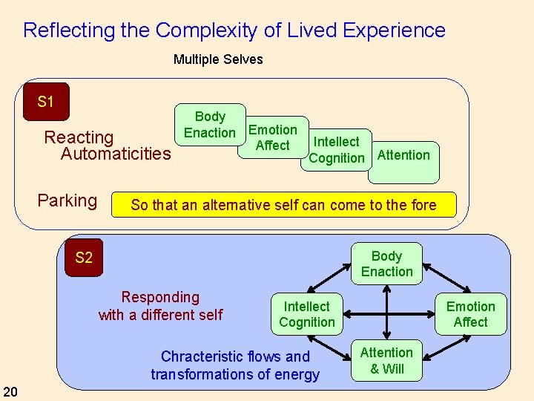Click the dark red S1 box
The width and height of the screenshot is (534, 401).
tap(45, 102)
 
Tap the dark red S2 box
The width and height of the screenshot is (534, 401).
tap(84, 258)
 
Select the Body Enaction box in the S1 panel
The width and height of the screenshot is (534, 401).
tap(210, 125)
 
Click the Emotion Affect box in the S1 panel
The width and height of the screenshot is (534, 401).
tap(272, 137)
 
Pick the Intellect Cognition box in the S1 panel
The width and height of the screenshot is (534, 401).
tap(337, 149)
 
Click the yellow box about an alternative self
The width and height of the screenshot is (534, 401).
tap(283, 205)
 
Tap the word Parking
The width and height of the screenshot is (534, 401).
tap(67, 200)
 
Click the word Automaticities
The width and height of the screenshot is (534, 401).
tap(116, 154)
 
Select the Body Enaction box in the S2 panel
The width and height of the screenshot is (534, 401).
tap(386, 264)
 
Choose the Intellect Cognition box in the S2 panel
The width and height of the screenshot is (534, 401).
tap(307, 314)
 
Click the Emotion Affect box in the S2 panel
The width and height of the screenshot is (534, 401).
tap(470, 314)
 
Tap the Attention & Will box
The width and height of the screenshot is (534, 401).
tap(386, 361)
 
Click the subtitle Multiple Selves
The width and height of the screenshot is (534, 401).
tap(218, 59)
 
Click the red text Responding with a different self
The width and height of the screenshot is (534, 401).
tap(160, 306)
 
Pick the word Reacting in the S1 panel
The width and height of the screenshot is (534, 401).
tap(79, 137)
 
